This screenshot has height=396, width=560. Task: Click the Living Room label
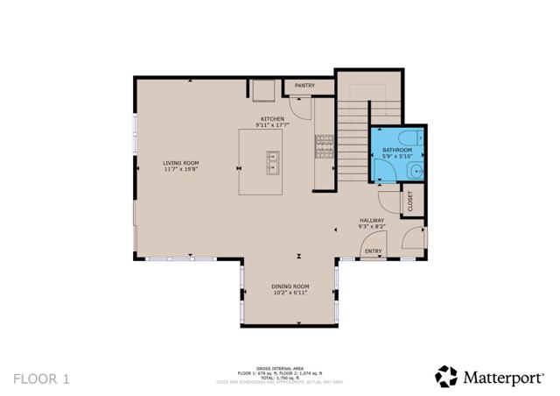[180, 163]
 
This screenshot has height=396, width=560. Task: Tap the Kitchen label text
[272, 119]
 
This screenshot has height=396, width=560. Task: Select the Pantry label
[304, 86]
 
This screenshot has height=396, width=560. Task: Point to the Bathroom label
[396, 151]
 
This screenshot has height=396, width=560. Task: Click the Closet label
[409, 202]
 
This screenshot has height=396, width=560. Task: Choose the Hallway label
[372, 220]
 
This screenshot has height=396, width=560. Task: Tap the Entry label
[373, 251]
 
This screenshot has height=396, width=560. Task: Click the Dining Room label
[290, 286]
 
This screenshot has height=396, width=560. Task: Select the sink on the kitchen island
[273, 161]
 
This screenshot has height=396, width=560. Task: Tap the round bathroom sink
[416, 172]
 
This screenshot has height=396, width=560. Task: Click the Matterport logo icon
[446, 376]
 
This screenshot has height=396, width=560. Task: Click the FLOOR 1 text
[40, 378]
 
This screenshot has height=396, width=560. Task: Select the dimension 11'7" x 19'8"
[180, 170]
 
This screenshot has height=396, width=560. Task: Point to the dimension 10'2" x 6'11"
[290, 293]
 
